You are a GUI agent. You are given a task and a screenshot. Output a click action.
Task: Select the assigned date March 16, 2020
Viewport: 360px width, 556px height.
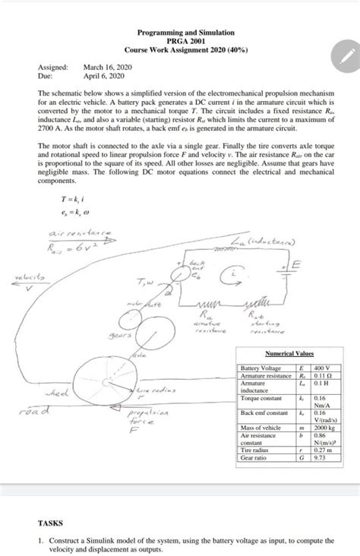click(108, 68)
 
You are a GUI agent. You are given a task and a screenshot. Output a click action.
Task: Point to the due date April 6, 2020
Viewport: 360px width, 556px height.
click(105, 77)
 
